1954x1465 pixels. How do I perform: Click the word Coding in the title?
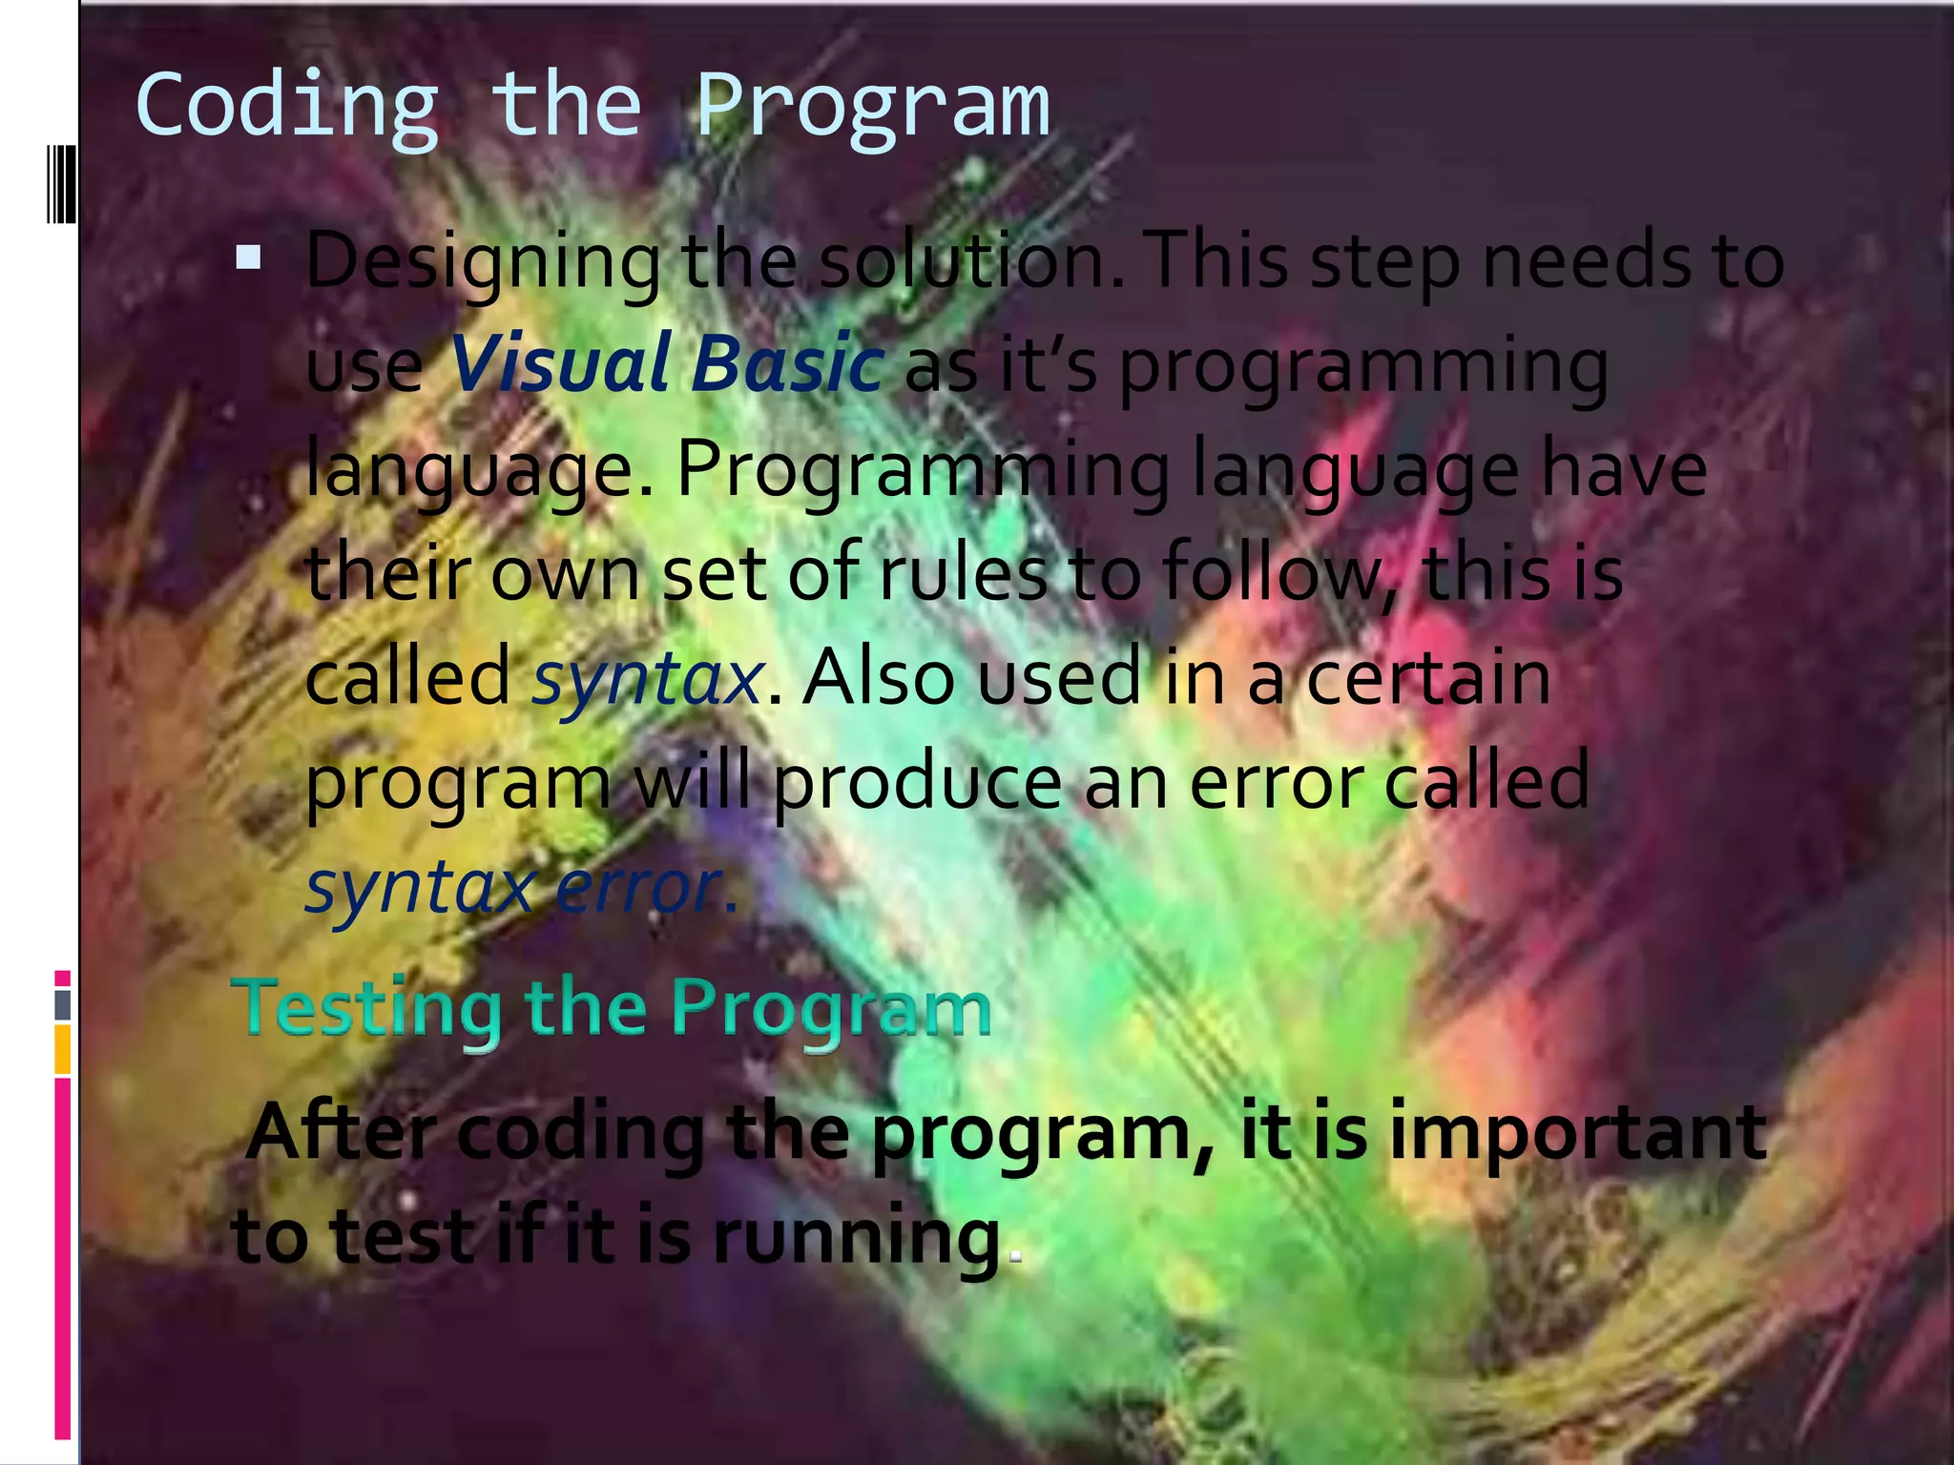[x=286, y=107]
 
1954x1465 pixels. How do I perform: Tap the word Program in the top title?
[x=872, y=107]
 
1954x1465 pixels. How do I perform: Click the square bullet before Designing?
[x=248, y=258]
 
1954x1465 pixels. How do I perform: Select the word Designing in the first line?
[x=482, y=263]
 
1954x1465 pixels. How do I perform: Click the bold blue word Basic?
[x=787, y=364]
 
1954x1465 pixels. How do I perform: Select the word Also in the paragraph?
[x=878, y=677]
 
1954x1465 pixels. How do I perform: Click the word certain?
[x=1427, y=677]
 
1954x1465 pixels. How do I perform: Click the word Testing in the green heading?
[x=368, y=1009]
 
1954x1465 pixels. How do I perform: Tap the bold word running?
[x=855, y=1238]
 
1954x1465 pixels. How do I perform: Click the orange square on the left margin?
[x=62, y=1050]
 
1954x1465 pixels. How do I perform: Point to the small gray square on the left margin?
[x=62, y=1004]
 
